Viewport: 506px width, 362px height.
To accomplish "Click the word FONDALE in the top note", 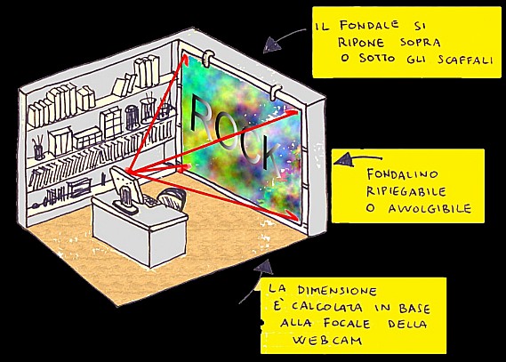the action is tap(369, 25).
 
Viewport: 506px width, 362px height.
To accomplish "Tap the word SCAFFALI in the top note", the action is tap(466, 60).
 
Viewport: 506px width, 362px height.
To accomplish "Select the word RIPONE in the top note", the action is tap(361, 43).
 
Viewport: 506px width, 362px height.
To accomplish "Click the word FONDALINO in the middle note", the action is tap(403, 174).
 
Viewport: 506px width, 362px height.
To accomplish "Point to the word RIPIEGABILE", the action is tap(406, 191).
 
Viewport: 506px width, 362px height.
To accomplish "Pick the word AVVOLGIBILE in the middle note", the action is tap(430, 208).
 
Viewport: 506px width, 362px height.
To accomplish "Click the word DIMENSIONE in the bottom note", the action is tap(337, 290).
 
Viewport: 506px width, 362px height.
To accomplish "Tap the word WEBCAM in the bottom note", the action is tap(327, 340).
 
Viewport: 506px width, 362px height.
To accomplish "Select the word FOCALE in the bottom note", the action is tap(346, 323).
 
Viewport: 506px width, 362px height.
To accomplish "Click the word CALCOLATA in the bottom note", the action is tap(326, 307).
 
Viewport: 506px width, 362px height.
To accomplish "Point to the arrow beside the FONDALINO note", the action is tap(357, 159).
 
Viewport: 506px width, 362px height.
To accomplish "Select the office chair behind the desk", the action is tap(172, 197).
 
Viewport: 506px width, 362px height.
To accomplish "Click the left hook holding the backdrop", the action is tap(208, 58).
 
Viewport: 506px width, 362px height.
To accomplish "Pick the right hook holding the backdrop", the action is tap(275, 92).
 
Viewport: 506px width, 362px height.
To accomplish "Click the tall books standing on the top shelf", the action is tap(147, 72).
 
